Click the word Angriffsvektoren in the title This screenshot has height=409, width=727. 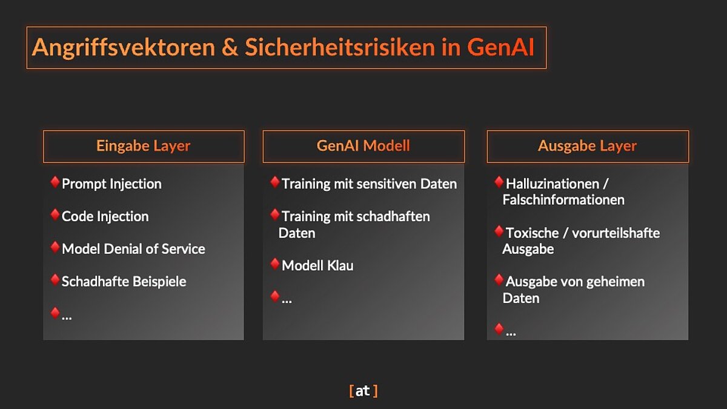pos(124,48)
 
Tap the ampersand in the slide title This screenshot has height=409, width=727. pos(230,47)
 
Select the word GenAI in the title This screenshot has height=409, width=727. pos(500,47)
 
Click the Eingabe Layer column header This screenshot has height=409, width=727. pos(144,147)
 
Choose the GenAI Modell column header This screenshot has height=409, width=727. pos(363,147)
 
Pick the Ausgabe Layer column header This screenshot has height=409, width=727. pos(588,147)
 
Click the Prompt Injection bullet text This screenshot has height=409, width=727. pos(111,184)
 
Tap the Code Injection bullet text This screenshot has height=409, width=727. pos(105,216)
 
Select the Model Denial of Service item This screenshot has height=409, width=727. pos(133,249)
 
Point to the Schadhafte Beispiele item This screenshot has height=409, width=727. pos(124,281)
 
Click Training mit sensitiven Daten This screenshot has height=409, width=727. pos(369,184)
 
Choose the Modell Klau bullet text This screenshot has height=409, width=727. pos(317,265)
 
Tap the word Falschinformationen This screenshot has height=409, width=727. pos(563,200)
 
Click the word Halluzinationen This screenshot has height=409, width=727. pos(553,184)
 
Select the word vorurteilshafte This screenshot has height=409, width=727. pos(616,233)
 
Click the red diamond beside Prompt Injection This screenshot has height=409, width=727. pos(55,182)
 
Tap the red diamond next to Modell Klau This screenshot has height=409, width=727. pos(275,264)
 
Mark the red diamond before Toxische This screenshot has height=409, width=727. pos(499,231)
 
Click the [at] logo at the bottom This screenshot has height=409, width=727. pos(363,391)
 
